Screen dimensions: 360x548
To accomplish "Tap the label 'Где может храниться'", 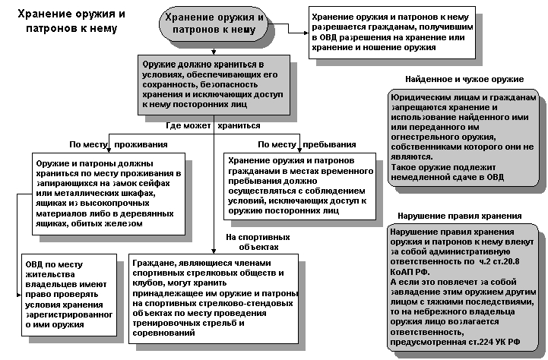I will coord(213,125).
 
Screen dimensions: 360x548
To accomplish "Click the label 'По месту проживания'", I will coord(118,144).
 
